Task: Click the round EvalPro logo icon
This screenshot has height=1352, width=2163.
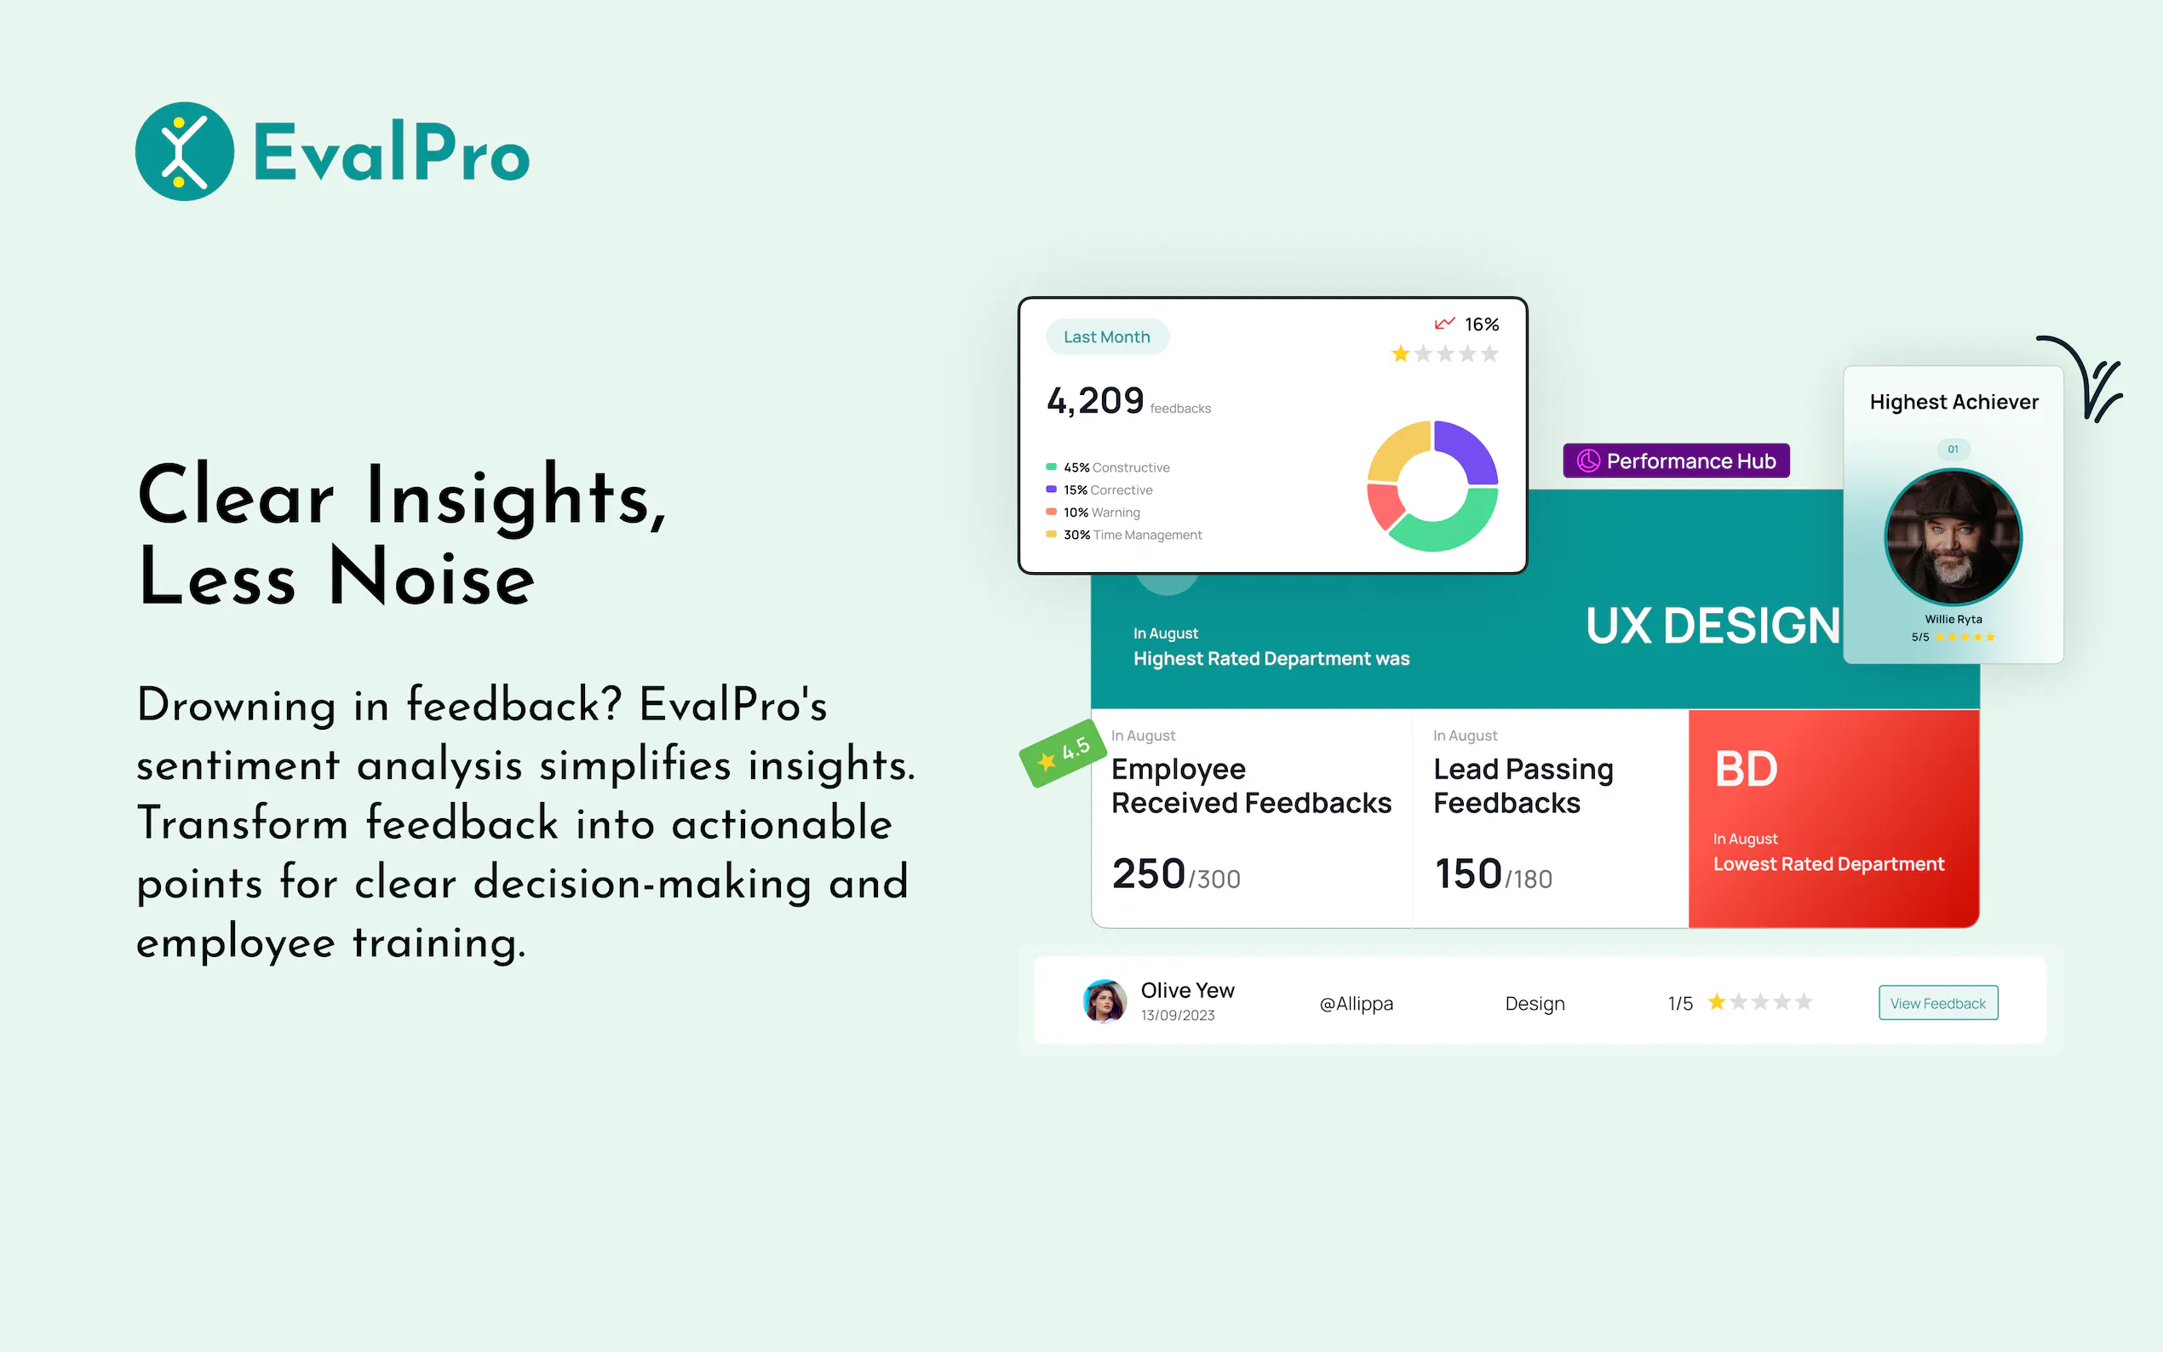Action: pyautogui.click(x=184, y=151)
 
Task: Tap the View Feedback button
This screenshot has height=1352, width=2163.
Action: pyautogui.click(x=1937, y=1002)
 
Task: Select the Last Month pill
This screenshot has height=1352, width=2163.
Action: pyautogui.click(x=1106, y=337)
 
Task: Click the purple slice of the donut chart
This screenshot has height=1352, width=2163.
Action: pyautogui.click(x=1466, y=450)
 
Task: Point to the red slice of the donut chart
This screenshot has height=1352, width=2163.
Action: pyautogui.click(x=1384, y=504)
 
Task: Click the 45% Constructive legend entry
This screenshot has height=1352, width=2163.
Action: pyautogui.click(x=1108, y=467)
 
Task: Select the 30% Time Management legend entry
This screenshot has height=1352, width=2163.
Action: pyautogui.click(x=1124, y=535)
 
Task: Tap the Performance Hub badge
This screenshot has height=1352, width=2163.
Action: pyautogui.click(x=1676, y=461)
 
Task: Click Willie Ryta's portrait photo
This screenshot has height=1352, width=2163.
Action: pyautogui.click(x=1953, y=537)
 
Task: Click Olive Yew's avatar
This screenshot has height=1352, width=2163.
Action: pyautogui.click(x=1104, y=1000)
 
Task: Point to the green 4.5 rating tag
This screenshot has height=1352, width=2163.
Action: pyautogui.click(x=1062, y=753)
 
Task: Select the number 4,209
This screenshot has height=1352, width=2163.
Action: pyautogui.click(x=1095, y=401)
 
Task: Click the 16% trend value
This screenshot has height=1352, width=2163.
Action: pyautogui.click(x=1481, y=324)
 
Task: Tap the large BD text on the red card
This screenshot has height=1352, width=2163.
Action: pyautogui.click(x=1746, y=769)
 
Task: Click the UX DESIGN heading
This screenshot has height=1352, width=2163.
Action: pyautogui.click(x=1713, y=625)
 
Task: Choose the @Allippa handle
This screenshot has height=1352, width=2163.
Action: pyautogui.click(x=1356, y=1003)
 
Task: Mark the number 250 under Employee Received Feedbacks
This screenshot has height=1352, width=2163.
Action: pyautogui.click(x=1148, y=874)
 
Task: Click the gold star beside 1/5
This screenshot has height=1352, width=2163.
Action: pyautogui.click(x=1716, y=1001)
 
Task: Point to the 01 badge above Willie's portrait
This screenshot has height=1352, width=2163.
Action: pyautogui.click(x=1953, y=449)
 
